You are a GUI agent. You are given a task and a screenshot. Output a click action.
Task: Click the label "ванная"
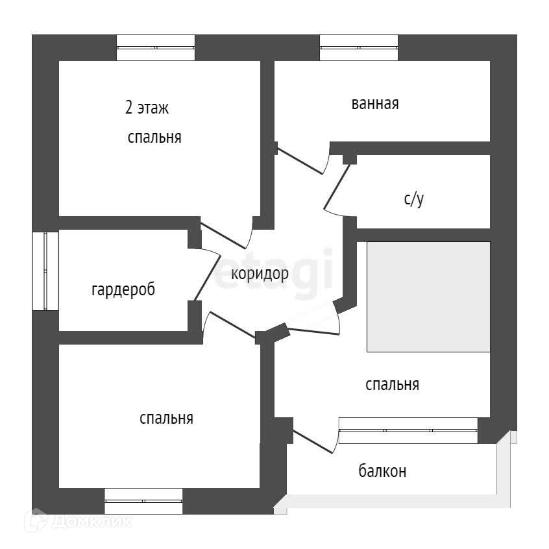tap(374, 104)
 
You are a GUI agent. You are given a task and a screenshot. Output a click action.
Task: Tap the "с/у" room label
tap(413, 199)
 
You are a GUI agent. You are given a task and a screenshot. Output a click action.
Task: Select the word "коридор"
tap(260, 274)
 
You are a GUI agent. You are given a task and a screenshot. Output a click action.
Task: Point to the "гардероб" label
tap(123, 289)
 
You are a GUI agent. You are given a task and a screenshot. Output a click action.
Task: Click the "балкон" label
tap(382, 471)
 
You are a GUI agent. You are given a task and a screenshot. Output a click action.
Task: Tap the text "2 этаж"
tap(147, 108)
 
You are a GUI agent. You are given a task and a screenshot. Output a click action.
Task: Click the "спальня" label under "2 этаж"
tap(154, 138)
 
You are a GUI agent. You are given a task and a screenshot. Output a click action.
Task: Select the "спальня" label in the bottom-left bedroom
tap(166, 419)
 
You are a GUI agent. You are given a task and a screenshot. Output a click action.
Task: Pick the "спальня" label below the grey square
tap(392, 385)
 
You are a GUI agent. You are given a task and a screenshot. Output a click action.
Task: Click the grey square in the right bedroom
tap(428, 297)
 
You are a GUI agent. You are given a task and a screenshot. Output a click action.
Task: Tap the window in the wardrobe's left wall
tap(46, 271)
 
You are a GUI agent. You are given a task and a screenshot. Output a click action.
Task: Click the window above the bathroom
tap(359, 47)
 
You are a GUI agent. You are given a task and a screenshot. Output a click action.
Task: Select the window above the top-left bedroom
tap(156, 47)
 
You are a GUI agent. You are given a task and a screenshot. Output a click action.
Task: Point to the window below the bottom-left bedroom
tap(143, 500)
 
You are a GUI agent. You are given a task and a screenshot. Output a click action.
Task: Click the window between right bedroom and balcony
tap(408, 430)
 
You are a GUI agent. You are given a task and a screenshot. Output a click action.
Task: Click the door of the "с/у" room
tap(337, 188)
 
